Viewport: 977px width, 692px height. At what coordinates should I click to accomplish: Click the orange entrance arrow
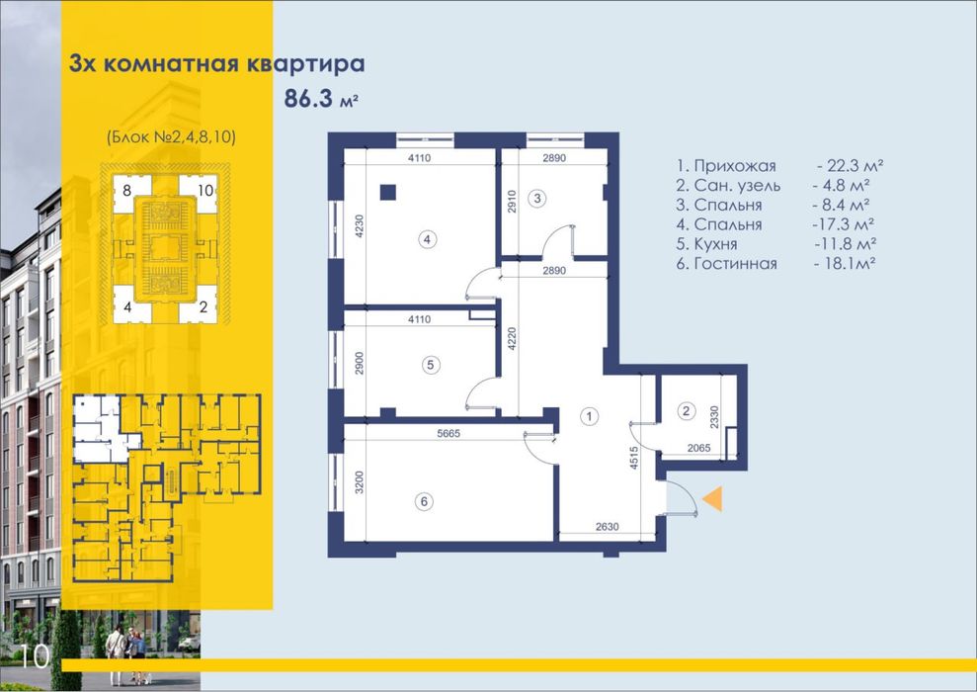point(714,499)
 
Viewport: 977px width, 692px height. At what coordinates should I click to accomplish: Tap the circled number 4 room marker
point(427,239)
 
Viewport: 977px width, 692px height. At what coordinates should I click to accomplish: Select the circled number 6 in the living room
point(425,501)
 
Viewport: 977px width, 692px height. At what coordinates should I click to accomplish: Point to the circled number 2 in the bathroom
point(686,411)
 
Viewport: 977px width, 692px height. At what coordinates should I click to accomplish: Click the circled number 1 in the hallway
point(589,416)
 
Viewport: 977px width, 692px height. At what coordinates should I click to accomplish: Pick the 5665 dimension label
point(448,433)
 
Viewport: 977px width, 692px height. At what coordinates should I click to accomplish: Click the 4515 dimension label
point(634,457)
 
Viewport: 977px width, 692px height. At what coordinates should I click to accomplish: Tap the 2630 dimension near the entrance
point(607,527)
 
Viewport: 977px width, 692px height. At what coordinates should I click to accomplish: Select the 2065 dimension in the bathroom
point(698,448)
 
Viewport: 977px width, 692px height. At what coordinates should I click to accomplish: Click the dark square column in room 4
point(387,192)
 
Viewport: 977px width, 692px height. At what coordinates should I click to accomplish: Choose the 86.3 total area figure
point(309,99)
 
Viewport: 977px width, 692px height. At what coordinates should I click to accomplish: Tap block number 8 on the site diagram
point(127,190)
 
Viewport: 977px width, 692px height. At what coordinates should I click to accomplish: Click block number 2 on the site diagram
point(204,307)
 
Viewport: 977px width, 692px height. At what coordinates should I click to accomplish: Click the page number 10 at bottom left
point(35,657)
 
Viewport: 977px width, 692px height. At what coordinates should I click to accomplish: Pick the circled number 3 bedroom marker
point(536,199)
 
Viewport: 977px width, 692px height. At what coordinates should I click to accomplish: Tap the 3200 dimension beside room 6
point(359,481)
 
